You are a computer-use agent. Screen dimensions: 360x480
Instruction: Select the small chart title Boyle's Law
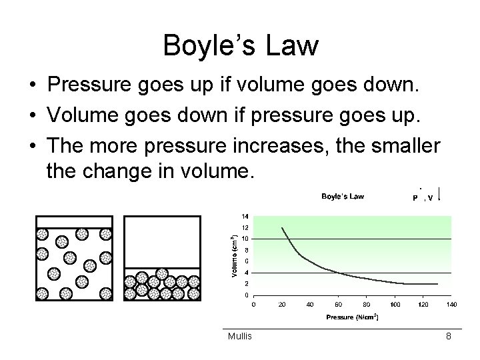pos(343,196)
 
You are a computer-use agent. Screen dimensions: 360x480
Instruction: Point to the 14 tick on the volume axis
pos(245,216)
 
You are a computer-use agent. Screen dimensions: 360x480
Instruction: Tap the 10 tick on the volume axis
pos(245,239)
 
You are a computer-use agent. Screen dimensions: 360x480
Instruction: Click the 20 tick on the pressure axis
pos(281,305)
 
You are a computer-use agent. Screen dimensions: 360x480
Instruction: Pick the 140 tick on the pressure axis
pos(451,305)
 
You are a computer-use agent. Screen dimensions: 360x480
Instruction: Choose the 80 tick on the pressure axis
pos(366,305)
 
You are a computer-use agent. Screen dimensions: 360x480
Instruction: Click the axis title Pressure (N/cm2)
pos(353,317)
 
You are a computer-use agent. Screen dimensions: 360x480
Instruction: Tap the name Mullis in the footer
pos(239,336)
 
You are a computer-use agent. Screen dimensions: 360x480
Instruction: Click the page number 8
pos(449,337)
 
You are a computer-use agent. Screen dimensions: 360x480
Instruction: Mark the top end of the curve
pos(282,228)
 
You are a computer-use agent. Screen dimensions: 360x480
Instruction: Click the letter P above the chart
pos(415,198)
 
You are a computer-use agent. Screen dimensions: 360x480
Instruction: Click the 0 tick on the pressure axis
pos(253,305)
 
